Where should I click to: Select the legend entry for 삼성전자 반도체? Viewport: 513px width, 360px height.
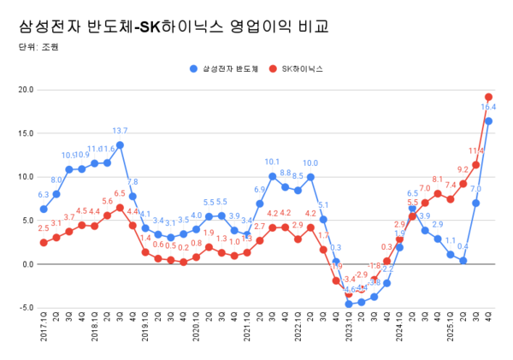[227, 67]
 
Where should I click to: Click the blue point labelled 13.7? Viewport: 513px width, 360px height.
[120, 145]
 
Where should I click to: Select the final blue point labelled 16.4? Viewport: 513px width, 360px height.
[488, 121]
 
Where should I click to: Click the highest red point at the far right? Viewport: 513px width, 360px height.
[488, 97]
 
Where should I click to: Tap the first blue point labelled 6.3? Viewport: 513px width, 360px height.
[44, 209]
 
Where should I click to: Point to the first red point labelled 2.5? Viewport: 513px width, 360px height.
[44, 242]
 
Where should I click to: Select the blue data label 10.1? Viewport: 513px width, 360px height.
[272, 162]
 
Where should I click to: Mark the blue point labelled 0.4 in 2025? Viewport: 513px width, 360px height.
[463, 261]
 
